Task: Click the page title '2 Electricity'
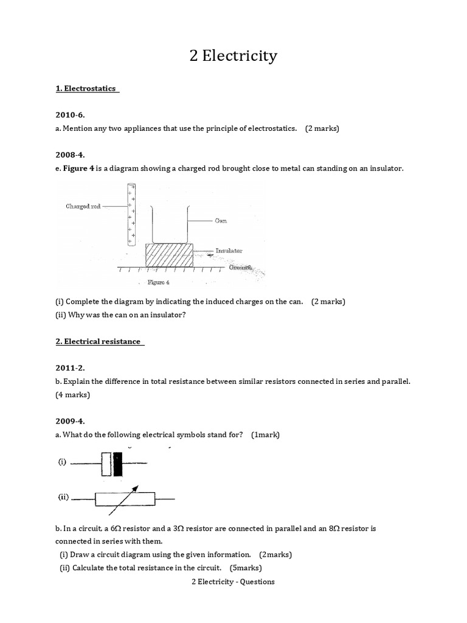(233, 57)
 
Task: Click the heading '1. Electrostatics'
(86, 89)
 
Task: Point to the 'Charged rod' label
(83, 206)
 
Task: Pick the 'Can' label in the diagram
(220, 221)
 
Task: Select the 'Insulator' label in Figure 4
(228, 251)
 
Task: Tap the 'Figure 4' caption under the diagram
(159, 282)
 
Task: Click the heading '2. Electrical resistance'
(98, 341)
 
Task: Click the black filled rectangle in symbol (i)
(118, 464)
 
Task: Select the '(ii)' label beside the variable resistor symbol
(63, 497)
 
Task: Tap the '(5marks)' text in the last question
(246, 568)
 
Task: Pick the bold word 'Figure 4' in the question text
(78, 167)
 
